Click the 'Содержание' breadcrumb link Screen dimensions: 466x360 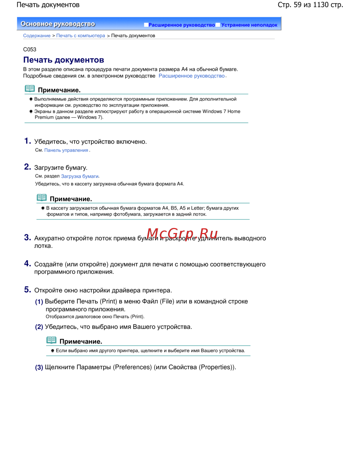point(37,36)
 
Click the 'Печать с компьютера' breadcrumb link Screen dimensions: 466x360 point(81,36)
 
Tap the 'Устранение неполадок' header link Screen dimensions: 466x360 point(249,25)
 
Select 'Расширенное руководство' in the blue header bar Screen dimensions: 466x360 point(181,25)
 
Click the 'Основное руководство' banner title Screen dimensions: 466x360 point(58,24)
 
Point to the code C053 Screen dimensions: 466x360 point(30,49)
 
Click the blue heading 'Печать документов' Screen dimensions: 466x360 point(64,60)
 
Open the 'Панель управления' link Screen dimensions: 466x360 point(66,150)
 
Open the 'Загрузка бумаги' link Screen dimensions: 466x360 point(80,176)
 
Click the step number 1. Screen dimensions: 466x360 point(27,141)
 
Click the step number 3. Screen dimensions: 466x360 point(27,237)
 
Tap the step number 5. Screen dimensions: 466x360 point(27,290)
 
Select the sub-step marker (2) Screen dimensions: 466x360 point(39,327)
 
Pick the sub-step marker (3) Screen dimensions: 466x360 point(39,367)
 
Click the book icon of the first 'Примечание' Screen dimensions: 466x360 point(30,89)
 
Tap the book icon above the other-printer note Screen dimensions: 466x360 point(51,340)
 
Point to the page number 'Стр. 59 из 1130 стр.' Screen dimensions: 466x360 point(310,5)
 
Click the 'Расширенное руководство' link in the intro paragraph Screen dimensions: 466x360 point(192,76)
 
